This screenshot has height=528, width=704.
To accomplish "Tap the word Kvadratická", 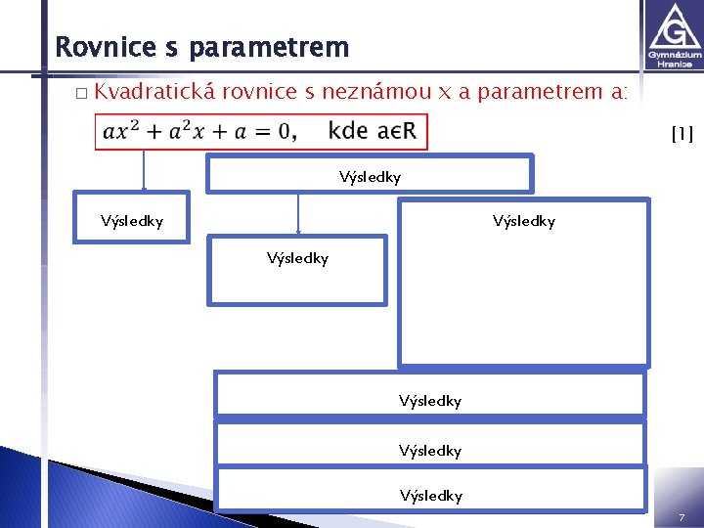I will pos(155,92).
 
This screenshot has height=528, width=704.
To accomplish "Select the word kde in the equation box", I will pos(348,131).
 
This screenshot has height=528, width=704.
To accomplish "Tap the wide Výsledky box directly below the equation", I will pos(369,175).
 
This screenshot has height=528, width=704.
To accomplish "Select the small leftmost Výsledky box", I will pos(132,221).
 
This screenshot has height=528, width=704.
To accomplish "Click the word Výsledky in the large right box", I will pos(523,221).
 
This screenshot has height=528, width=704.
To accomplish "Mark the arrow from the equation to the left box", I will pos(145,171).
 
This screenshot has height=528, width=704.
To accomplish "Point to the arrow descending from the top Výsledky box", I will pos(298,212).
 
